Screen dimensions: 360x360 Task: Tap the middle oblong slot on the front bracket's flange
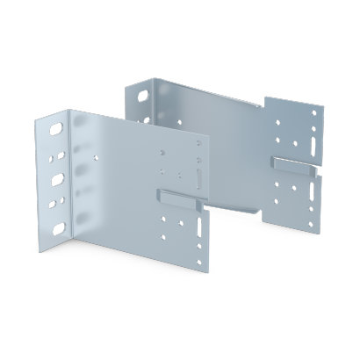[x=58, y=179]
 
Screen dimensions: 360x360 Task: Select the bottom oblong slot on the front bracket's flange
[x=59, y=229]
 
